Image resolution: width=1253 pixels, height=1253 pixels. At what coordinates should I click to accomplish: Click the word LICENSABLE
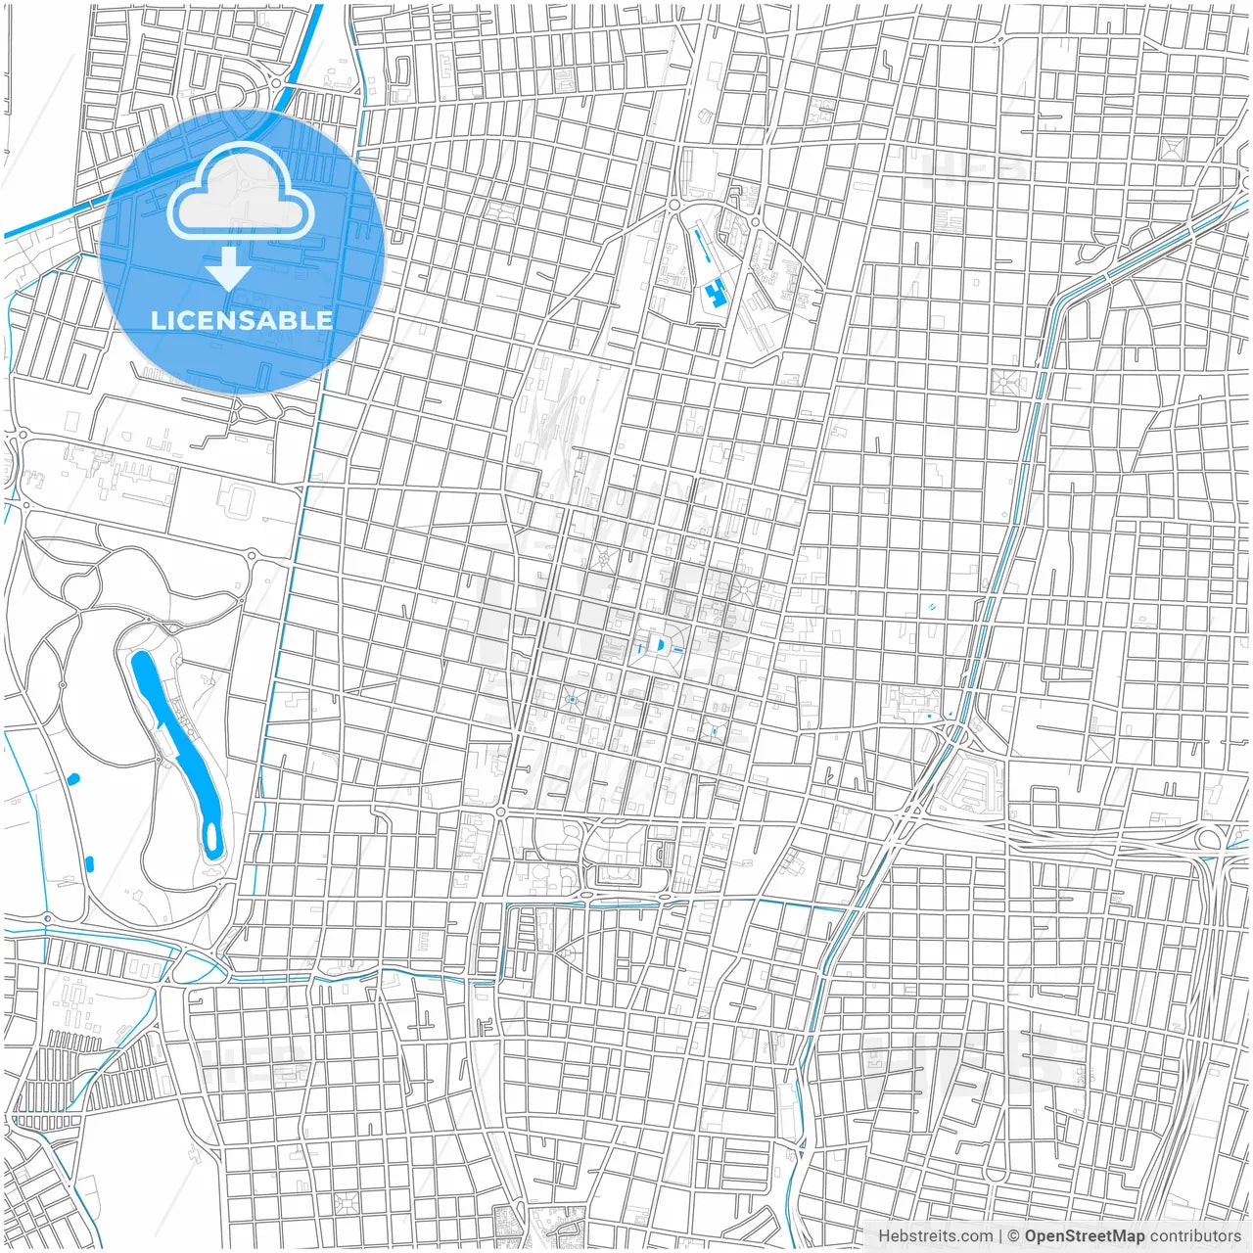point(242,320)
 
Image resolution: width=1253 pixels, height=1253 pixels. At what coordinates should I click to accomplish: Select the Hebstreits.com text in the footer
point(935,1236)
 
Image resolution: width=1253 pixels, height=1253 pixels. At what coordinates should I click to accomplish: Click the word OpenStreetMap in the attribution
point(1085,1236)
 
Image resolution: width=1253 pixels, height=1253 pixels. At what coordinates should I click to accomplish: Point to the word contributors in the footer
point(1195,1236)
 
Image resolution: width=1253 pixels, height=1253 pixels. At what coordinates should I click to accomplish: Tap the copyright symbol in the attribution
point(1014,1236)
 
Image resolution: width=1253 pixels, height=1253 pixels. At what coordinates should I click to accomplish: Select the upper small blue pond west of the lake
point(74,779)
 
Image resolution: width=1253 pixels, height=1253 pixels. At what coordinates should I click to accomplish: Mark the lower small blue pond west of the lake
point(89,863)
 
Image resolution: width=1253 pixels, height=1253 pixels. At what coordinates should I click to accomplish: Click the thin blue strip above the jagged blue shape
point(701,246)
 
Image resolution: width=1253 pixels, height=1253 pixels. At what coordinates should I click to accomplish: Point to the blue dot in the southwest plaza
point(572,699)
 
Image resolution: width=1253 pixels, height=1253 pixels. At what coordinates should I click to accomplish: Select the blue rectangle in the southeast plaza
point(715,730)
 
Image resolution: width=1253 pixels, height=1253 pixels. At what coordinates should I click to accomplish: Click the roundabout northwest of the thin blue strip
point(673,204)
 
